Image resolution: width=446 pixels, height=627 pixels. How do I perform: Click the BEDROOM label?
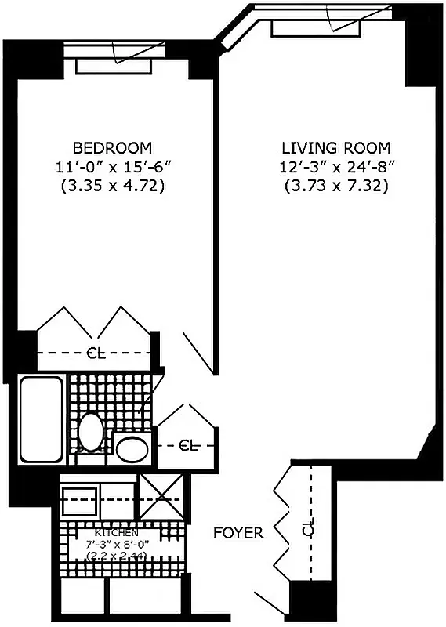click(x=112, y=147)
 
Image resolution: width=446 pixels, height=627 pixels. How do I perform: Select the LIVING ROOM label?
click(x=336, y=147)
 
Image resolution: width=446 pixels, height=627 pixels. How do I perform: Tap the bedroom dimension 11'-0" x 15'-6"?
click(x=112, y=166)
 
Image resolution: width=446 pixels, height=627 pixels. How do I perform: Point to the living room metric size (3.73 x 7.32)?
click(x=336, y=186)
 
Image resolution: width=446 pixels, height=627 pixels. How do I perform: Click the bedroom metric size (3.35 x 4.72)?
click(x=112, y=186)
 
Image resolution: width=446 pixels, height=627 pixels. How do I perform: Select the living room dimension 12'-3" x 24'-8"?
click(x=336, y=166)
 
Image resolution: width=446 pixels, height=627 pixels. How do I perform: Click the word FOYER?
click(x=238, y=534)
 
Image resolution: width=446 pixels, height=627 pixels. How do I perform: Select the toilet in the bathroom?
click(x=91, y=432)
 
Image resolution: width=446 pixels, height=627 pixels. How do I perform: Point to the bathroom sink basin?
click(x=132, y=449)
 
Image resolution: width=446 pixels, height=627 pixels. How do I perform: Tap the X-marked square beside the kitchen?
click(x=161, y=498)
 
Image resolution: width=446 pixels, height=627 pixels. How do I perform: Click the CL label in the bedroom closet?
click(x=94, y=353)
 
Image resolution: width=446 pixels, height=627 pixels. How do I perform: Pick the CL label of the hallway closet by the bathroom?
click(x=187, y=446)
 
